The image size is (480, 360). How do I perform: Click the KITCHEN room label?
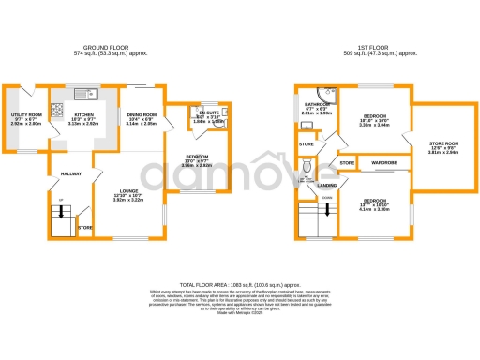coord(86,117)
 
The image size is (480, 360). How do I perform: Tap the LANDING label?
coord(326,186)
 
